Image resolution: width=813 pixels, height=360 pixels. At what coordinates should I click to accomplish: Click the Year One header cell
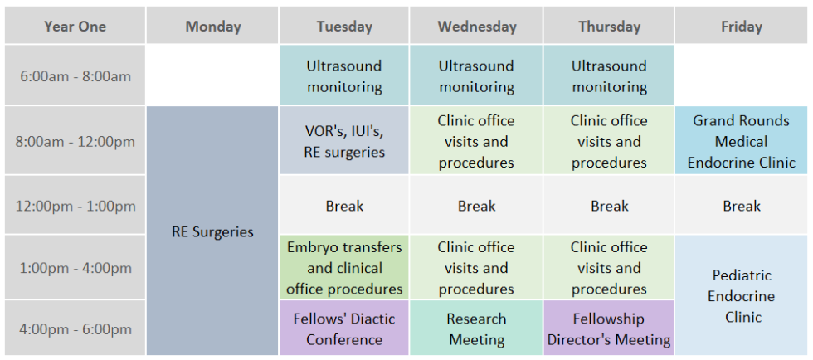(x=75, y=26)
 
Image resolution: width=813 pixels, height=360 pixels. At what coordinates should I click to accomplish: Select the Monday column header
(x=212, y=26)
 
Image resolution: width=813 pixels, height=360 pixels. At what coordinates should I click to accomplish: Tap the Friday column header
(x=741, y=26)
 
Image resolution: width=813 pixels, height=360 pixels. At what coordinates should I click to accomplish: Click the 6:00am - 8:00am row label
(x=75, y=75)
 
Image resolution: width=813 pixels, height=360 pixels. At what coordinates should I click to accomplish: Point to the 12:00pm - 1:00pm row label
(x=75, y=206)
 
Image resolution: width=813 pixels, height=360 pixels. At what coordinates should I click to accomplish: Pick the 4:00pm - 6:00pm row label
(x=75, y=328)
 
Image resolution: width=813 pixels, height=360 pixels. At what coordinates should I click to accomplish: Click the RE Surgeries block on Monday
(x=212, y=231)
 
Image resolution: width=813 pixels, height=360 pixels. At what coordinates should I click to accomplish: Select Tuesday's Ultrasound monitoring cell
(x=344, y=75)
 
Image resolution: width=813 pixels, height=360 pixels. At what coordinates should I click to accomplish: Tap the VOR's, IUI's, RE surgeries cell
(x=344, y=141)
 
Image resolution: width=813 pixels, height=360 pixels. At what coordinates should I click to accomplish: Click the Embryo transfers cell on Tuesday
(x=344, y=268)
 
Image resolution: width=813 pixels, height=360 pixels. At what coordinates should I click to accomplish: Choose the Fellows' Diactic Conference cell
(x=344, y=328)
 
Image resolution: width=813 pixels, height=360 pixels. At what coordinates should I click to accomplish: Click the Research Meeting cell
(x=476, y=328)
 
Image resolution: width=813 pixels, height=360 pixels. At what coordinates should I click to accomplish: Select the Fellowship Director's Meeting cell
(x=609, y=328)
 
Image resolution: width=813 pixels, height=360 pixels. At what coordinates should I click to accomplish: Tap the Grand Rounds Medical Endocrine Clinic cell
(x=741, y=141)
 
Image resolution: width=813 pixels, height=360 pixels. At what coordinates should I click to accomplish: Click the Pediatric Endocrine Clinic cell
(x=741, y=295)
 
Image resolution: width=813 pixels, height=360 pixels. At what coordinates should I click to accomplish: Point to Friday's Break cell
(x=741, y=206)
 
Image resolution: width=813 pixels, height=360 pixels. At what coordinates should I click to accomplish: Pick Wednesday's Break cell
(x=476, y=206)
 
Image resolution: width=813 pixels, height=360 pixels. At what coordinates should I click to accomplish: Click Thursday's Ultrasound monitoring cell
(x=609, y=75)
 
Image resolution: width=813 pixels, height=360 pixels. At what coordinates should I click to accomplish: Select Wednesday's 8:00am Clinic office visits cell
(x=476, y=141)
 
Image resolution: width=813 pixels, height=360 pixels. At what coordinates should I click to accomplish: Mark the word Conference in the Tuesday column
(x=344, y=340)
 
